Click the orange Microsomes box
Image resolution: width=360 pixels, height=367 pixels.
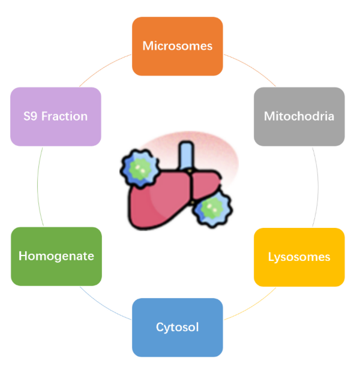click(x=177, y=46)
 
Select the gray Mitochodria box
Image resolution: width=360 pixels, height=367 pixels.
click(x=299, y=116)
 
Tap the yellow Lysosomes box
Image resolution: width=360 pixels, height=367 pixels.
click(x=299, y=257)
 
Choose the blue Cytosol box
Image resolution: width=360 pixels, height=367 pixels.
click(x=177, y=327)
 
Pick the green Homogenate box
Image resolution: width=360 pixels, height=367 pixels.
click(x=56, y=256)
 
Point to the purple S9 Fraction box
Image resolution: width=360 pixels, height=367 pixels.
click(x=56, y=116)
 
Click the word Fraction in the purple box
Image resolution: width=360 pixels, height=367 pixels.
click(x=66, y=116)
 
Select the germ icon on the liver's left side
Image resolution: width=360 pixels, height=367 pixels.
click(x=139, y=167)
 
